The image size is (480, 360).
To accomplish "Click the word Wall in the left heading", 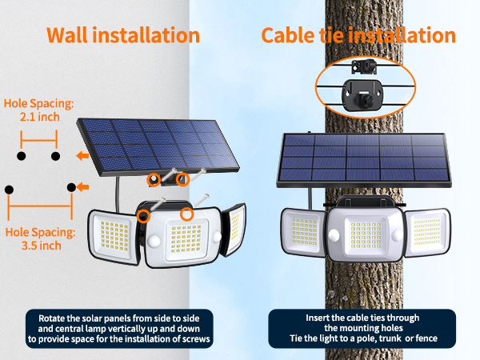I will tap(69, 35).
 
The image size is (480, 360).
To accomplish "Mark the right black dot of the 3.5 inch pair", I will tap(72, 188).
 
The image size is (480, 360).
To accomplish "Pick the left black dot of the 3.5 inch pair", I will tap(9, 190).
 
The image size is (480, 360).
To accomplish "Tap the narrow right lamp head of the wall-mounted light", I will tap(233, 230).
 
